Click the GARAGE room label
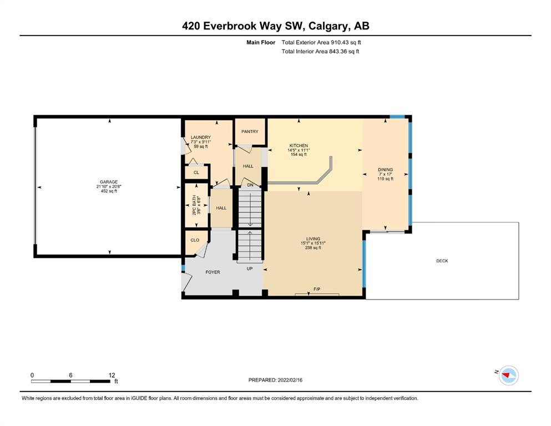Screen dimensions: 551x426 pyautogui.click(x=109, y=182)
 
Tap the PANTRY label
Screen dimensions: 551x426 pyautogui.click(x=250, y=131)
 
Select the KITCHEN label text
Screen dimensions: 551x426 pyautogui.click(x=299, y=145)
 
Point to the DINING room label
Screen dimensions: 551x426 pyautogui.click(x=385, y=170)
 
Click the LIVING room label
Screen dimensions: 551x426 pyautogui.click(x=313, y=239)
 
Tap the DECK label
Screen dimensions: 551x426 pyautogui.click(x=442, y=261)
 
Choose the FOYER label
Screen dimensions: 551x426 pyautogui.click(x=213, y=272)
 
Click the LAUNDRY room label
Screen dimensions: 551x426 pyautogui.click(x=201, y=138)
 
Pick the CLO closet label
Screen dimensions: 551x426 pyautogui.click(x=195, y=240)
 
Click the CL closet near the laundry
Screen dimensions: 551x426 pyautogui.click(x=196, y=173)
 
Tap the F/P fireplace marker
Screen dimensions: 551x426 pyautogui.click(x=317, y=289)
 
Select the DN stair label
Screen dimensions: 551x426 pyautogui.click(x=250, y=185)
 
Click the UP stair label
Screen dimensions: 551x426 pyautogui.click(x=250, y=268)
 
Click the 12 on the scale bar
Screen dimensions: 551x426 pyautogui.click(x=112, y=375)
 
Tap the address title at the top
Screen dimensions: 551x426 pyautogui.click(x=275, y=26)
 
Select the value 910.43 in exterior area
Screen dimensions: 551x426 pyautogui.click(x=339, y=43)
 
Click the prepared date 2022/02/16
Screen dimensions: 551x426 pyautogui.click(x=290, y=380)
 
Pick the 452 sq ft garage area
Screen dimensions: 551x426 pyautogui.click(x=109, y=191)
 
